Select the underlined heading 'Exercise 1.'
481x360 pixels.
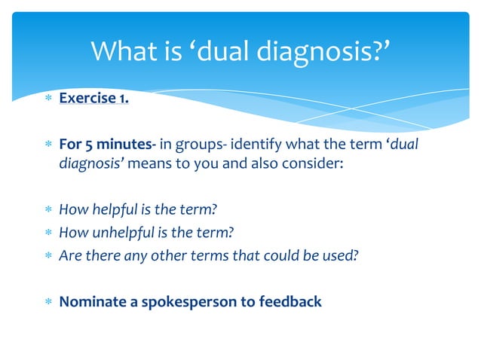[93, 99]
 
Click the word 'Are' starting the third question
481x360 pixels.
[69, 255]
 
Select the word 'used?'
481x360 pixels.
[339, 255]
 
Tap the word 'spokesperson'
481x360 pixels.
[186, 302]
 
